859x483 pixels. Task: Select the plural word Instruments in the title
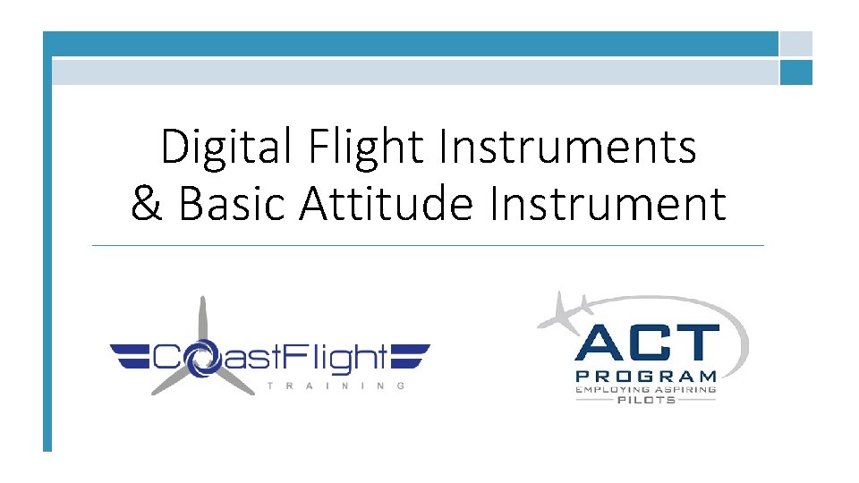pyautogui.click(x=567, y=148)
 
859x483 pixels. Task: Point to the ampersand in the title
pyautogui.click(x=147, y=203)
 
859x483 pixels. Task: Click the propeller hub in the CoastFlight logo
pyautogui.click(x=202, y=356)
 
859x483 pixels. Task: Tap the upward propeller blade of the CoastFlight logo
pyautogui.click(x=203, y=320)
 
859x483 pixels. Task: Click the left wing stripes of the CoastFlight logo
pyautogui.click(x=130, y=357)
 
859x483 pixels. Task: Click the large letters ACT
pyautogui.click(x=647, y=344)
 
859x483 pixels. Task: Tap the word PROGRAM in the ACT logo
pyautogui.click(x=646, y=377)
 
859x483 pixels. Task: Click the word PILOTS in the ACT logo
pyautogui.click(x=646, y=401)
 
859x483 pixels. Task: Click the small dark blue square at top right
pyautogui.click(x=795, y=72)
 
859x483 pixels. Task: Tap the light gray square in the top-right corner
pyautogui.click(x=795, y=44)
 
